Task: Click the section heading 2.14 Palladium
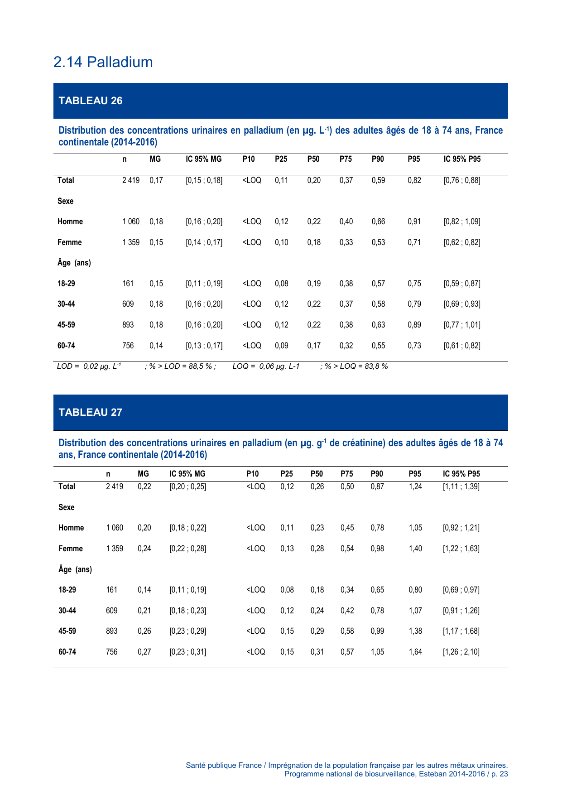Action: point(103,62)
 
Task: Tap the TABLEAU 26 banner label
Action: point(90,101)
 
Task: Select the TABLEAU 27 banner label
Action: point(90,412)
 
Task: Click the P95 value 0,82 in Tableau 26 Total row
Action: point(414,180)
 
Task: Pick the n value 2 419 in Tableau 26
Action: point(131,180)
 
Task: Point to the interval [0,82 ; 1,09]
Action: point(461,222)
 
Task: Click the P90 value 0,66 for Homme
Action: point(378,222)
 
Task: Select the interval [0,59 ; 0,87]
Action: point(461,284)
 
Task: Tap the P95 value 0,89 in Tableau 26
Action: point(414,325)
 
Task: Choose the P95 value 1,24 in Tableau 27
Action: point(415,487)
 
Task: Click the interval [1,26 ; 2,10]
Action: point(461,652)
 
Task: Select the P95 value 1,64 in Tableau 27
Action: point(415,652)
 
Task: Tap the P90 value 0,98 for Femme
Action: point(377,549)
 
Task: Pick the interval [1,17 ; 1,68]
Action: point(461,631)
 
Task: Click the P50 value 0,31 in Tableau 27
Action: point(317,652)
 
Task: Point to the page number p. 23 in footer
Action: point(499,774)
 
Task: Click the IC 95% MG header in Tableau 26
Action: point(203,159)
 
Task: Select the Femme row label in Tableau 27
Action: point(71,549)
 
